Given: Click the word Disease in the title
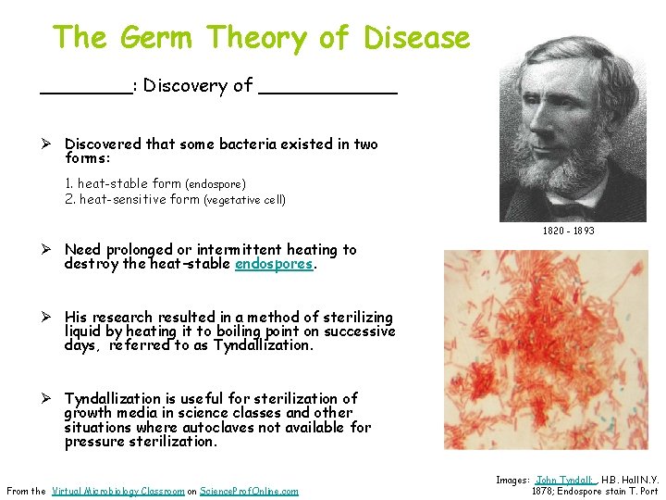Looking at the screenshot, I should tap(417, 38).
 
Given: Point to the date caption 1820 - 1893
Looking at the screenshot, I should tap(568, 231).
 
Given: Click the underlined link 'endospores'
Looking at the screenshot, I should tap(275, 264).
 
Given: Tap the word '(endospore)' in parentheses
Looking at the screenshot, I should tap(216, 184).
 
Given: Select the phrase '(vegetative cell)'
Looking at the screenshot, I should tap(244, 200).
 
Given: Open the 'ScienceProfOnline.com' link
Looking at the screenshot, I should tap(249, 491).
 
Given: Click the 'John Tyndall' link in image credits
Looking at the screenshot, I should tap(563, 481).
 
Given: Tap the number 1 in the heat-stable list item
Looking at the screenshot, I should tap(69, 184).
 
